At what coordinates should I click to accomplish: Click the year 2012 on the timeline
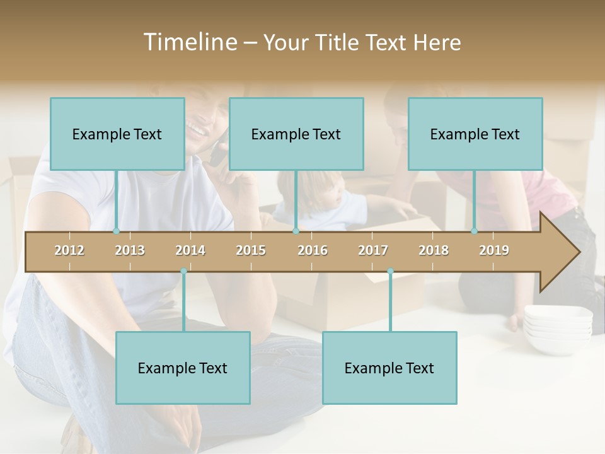click(x=69, y=250)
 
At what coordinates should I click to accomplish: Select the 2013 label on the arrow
click(x=130, y=250)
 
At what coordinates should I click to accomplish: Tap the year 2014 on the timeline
click(x=190, y=250)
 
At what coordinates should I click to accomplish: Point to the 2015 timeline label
click(x=251, y=250)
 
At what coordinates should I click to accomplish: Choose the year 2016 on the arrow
click(x=313, y=250)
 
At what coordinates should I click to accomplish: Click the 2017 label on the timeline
click(x=373, y=250)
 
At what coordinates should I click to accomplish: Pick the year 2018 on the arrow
click(x=434, y=250)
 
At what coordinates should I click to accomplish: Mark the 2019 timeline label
click(x=494, y=250)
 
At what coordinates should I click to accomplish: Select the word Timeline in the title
click(x=189, y=42)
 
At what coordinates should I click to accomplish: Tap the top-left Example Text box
click(x=117, y=134)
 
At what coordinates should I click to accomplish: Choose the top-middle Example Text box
click(x=296, y=134)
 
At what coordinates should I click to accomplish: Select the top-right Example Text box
click(x=475, y=134)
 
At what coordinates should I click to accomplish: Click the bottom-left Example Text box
click(x=183, y=368)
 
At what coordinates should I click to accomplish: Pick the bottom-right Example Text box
click(x=389, y=368)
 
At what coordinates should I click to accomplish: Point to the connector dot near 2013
click(x=116, y=231)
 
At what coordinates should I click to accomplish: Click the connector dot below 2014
click(x=183, y=271)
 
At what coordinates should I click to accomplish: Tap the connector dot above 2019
click(x=475, y=231)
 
